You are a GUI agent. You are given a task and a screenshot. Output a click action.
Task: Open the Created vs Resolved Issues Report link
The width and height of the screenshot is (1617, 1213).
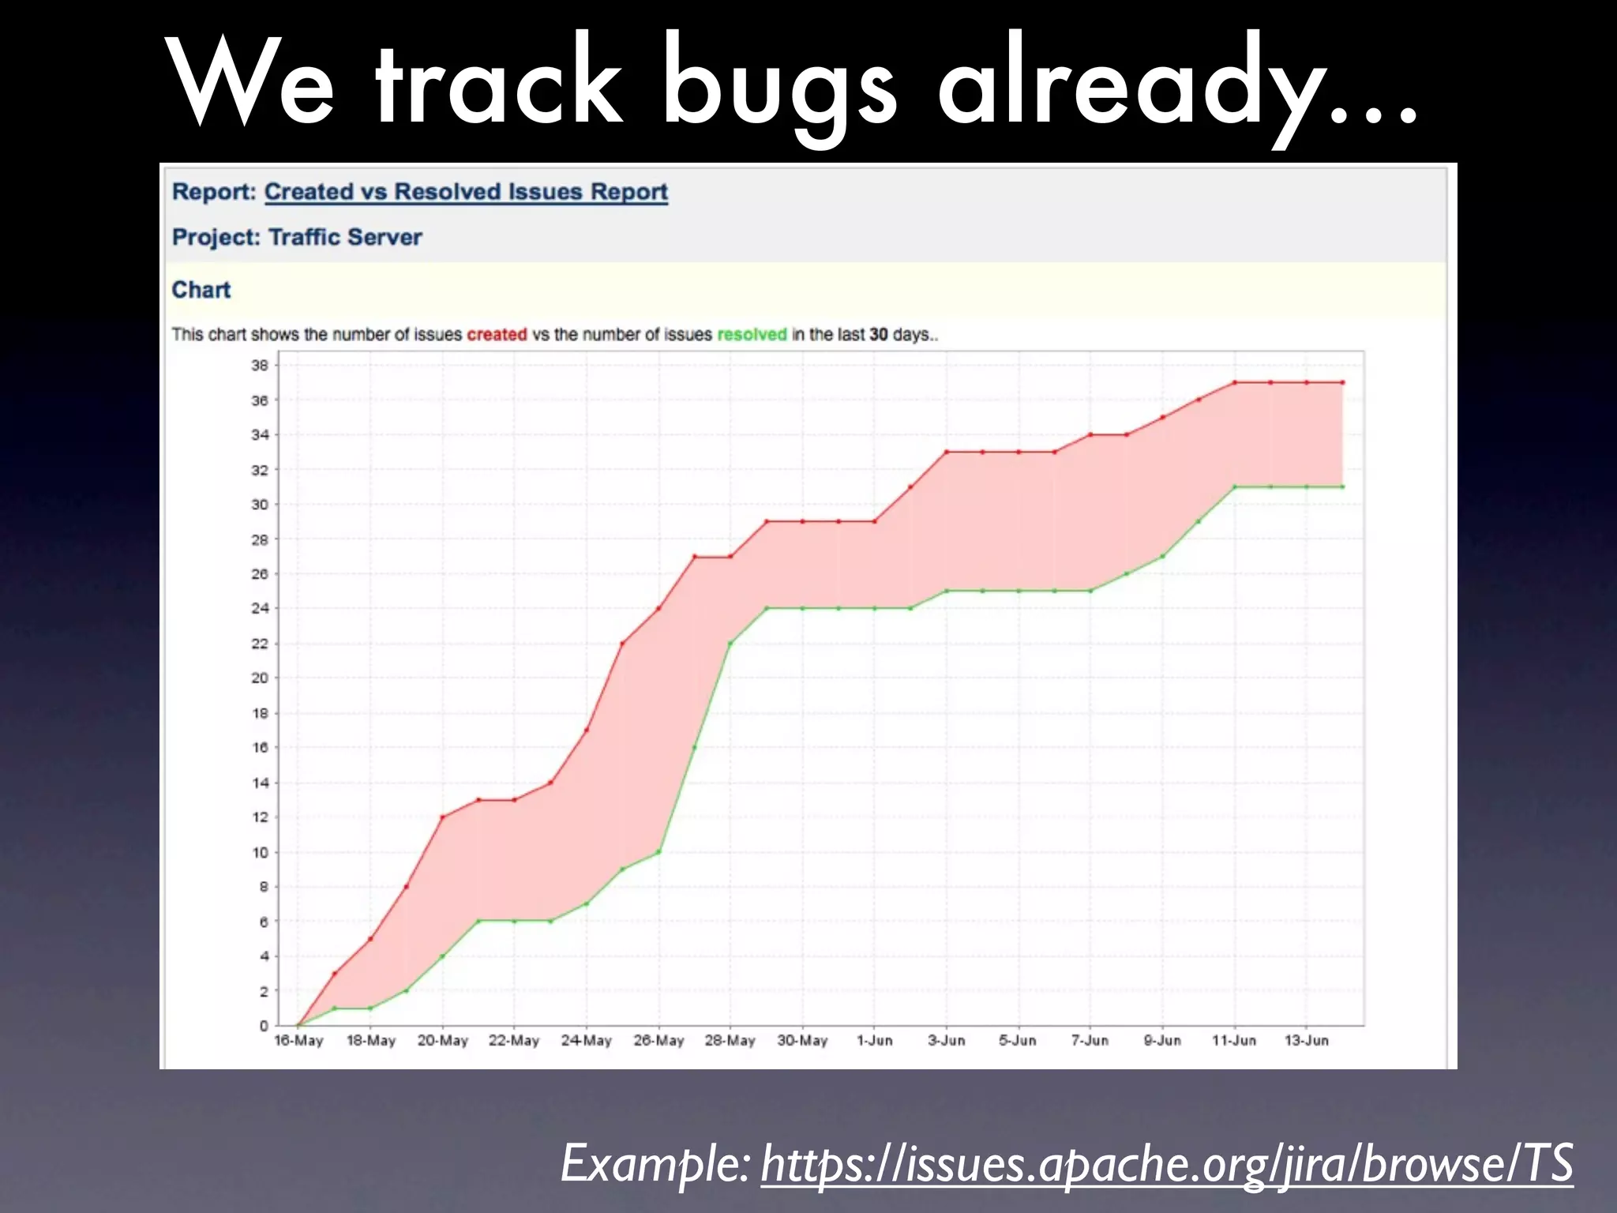tap(466, 192)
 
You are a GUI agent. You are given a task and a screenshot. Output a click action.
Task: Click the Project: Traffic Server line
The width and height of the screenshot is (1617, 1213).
tap(297, 237)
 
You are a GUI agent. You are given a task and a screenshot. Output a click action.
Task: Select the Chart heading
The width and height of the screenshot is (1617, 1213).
tap(201, 290)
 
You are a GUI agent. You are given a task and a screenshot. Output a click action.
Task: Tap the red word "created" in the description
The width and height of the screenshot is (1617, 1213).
tap(497, 335)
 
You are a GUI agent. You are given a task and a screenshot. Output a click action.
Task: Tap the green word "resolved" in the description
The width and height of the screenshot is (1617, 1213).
tap(752, 335)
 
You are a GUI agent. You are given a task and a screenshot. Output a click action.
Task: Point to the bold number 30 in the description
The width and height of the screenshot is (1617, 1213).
tap(879, 335)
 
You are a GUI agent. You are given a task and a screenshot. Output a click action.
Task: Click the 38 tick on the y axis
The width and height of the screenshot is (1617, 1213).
tap(260, 366)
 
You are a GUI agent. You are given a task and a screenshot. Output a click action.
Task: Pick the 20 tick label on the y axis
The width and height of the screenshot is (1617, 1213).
tap(260, 678)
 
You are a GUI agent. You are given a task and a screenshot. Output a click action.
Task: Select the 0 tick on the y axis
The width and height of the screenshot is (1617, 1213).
tap(264, 1026)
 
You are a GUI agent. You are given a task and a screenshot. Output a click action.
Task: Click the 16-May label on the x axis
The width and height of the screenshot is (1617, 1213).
tap(298, 1041)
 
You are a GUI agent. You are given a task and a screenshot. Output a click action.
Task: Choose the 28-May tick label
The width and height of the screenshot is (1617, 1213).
tap(730, 1041)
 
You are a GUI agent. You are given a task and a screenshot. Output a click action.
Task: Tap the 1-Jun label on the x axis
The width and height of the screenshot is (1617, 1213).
tap(875, 1041)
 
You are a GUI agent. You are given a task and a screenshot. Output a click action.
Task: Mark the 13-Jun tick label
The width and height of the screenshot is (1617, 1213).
tap(1307, 1041)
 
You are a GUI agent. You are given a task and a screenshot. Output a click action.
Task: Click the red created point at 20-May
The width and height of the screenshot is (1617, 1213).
tap(443, 817)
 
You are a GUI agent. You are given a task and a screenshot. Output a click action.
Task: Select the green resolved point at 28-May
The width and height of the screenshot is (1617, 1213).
tap(730, 643)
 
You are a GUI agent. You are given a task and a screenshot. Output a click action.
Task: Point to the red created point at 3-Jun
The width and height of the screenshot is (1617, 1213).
tap(947, 452)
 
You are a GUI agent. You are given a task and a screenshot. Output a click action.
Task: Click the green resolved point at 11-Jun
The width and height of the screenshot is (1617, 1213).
tap(1235, 486)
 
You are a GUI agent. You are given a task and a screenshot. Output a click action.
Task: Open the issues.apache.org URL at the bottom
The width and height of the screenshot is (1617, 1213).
tap(1167, 1162)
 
